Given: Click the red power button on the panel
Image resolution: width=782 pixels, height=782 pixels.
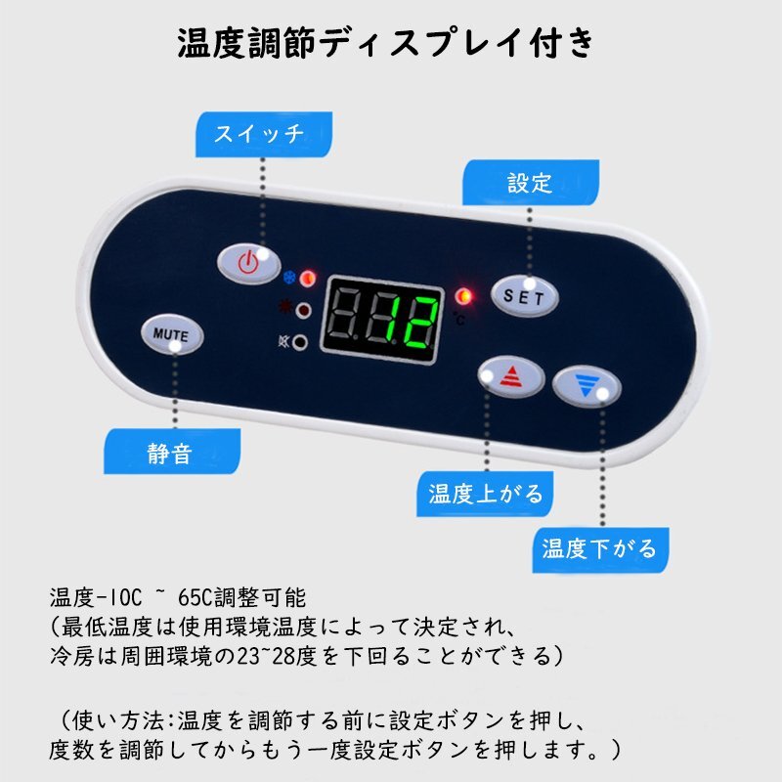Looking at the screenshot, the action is tap(249, 263).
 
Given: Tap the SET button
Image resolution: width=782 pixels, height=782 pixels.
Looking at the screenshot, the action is tap(525, 296).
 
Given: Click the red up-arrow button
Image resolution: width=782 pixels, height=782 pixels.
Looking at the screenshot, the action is tap(511, 376).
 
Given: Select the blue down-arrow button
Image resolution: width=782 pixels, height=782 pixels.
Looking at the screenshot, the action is tap(586, 386).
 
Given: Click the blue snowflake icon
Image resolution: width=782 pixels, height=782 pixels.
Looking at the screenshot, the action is tap(288, 278).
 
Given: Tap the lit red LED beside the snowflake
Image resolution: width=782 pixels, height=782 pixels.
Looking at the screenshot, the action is tap(308, 278).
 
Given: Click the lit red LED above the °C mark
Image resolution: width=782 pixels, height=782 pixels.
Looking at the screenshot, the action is tap(463, 296).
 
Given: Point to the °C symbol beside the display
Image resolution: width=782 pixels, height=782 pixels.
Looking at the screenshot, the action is tap(458, 319).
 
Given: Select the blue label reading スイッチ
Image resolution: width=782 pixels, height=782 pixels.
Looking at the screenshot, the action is tap(264, 134).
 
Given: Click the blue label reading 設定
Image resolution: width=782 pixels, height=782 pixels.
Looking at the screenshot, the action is tap(531, 183).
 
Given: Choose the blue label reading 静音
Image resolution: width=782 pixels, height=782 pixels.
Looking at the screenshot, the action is tap(172, 452).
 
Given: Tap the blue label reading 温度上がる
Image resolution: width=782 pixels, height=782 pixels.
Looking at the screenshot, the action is tap(485, 494).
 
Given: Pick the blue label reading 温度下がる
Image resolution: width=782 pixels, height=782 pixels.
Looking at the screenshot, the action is tap(600, 550).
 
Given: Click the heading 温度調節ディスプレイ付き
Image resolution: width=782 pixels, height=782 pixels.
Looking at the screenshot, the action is tap(386, 43).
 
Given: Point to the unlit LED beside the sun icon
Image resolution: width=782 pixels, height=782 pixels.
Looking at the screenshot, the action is tap(303, 311).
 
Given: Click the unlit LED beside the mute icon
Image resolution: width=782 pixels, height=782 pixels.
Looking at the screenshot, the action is tap(300, 343).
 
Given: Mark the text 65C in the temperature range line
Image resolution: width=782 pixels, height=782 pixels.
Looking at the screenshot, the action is tap(195, 597).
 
